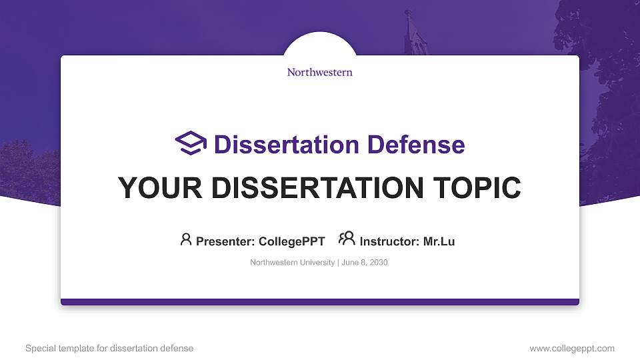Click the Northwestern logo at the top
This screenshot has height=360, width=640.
319,72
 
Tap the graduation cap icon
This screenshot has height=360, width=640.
191,143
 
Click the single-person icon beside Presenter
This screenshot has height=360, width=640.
186,239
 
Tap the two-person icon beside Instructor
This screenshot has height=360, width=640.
347,239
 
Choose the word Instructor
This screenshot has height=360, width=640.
389,241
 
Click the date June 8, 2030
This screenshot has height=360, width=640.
365,263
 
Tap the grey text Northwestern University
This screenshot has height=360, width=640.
292,263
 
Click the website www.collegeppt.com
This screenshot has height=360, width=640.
572,349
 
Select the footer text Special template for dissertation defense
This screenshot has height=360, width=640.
109,349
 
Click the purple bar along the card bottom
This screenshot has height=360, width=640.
320,302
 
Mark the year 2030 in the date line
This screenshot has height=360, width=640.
378,263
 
